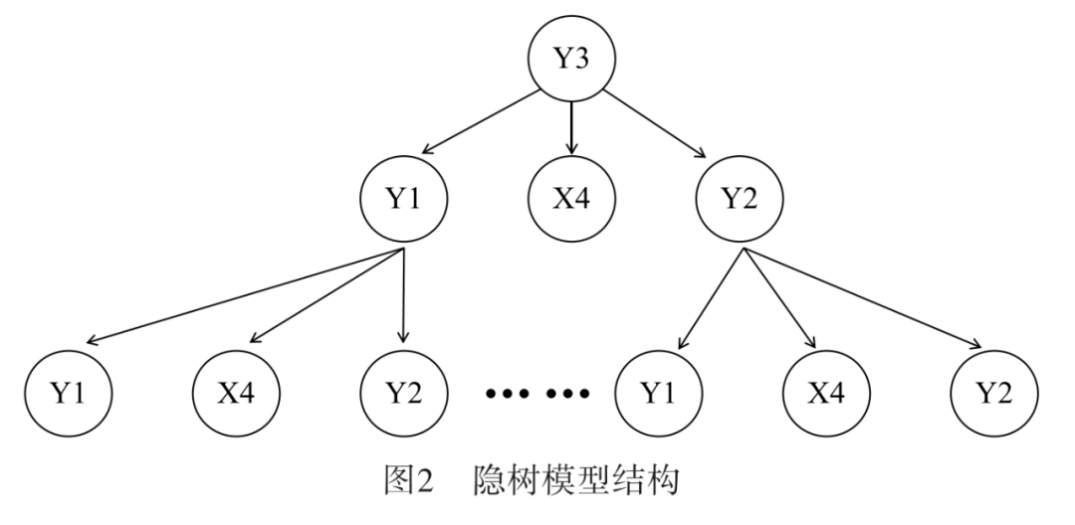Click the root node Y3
(570, 59)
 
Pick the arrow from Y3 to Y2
(654, 122)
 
